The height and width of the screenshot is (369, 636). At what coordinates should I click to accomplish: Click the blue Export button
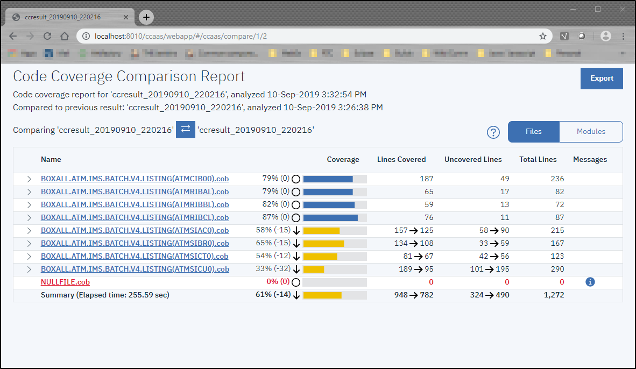tap(602, 79)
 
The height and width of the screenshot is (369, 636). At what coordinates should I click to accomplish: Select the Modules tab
tap(591, 132)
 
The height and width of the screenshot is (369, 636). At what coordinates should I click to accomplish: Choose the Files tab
tap(533, 132)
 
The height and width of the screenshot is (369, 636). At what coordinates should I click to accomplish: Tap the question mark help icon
tap(493, 132)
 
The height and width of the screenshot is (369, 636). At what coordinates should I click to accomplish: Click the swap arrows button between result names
tap(186, 130)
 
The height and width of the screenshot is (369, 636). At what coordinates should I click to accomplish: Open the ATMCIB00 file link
tap(135, 179)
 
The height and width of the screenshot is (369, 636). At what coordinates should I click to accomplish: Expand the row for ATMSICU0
tap(29, 269)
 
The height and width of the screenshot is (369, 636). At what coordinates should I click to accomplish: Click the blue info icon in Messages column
tap(590, 282)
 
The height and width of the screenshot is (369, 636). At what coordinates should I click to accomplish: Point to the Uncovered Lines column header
tap(473, 160)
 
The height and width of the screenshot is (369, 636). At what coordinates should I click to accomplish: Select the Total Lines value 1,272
tap(554, 295)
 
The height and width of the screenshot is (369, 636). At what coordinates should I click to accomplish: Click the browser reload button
tap(47, 36)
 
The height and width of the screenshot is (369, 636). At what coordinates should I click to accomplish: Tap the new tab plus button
tap(146, 17)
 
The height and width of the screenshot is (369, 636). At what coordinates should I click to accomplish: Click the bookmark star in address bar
tap(543, 36)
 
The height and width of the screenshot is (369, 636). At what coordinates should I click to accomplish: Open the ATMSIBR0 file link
tap(135, 243)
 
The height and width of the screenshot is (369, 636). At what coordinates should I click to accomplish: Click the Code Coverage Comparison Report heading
tap(129, 76)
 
